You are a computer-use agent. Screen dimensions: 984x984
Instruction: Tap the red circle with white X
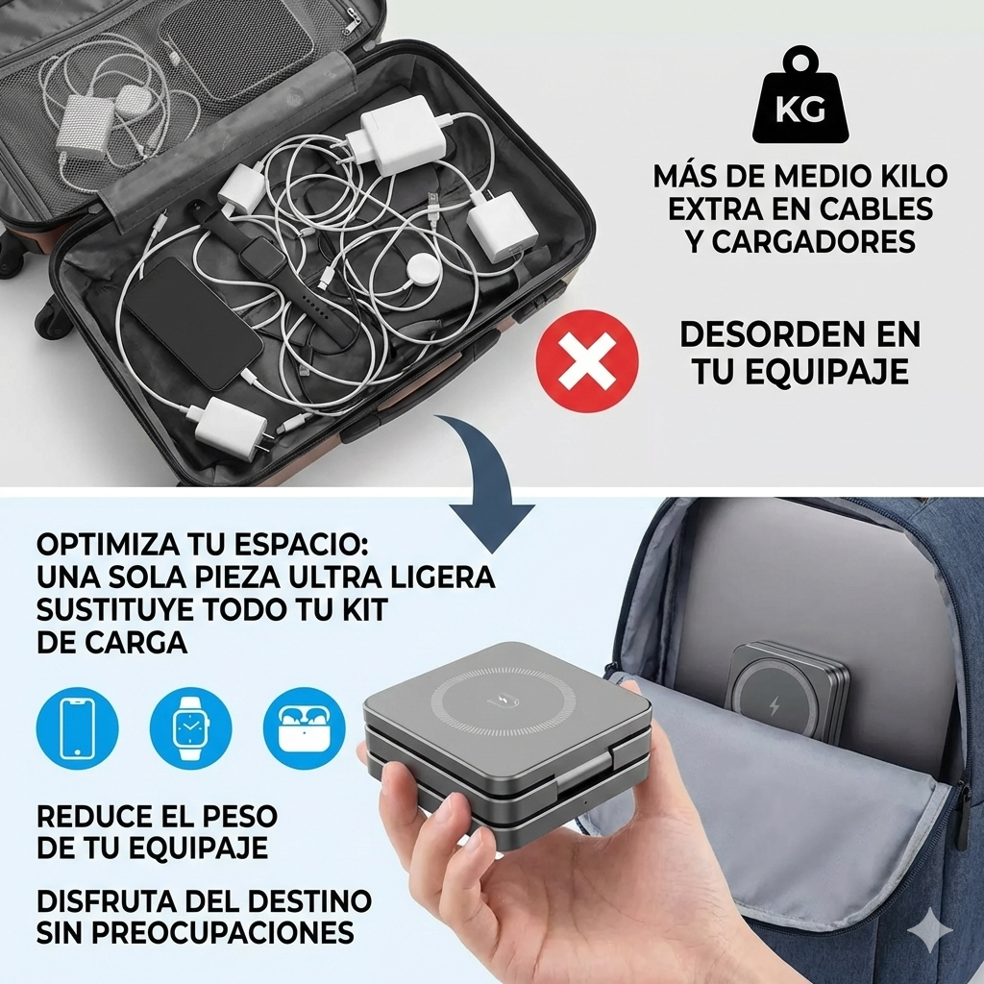pyautogui.click(x=587, y=361)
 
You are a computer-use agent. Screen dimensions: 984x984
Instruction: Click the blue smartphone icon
pyautogui.click(x=77, y=728)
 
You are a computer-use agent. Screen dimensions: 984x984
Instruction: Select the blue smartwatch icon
pyautogui.click(x=191, y=728)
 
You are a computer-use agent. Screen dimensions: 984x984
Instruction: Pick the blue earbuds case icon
pyautogui.click(x=304, y=728)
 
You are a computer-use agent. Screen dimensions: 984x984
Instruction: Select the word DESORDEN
pyautogui.click(x=761, y=334)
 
